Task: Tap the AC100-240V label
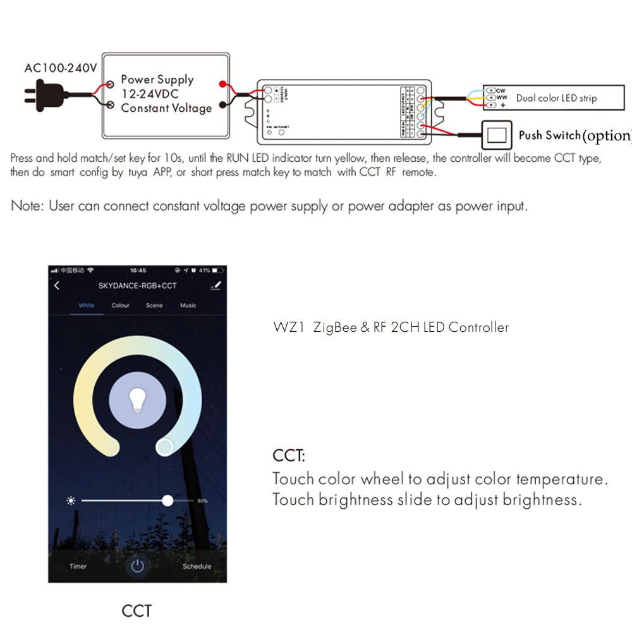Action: (61, 68)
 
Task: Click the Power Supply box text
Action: (166, 94)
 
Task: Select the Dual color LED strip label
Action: (556, 98)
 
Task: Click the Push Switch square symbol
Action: (497, 134)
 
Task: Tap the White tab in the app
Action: (87, 305)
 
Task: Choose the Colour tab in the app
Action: (121, 305)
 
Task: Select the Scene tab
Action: (154, 305)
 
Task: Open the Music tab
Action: (188, 305)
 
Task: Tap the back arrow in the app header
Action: (57, 286)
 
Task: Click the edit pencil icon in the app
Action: (216, 286)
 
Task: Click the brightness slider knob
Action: (167, 501)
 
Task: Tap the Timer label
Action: (78, 566)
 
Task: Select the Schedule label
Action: (197, 566)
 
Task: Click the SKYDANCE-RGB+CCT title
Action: (137, 286)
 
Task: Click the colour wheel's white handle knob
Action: (165, 447)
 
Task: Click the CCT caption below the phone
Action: (137, 611)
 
